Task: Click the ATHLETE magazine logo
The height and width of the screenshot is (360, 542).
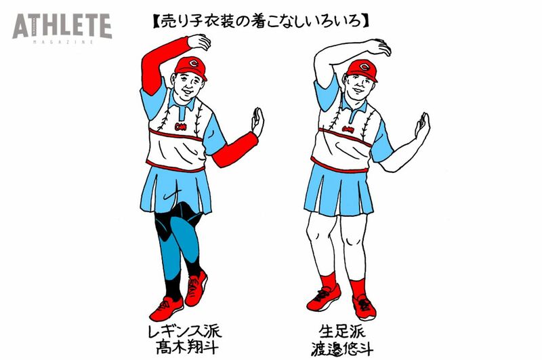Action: [x=62, y=28]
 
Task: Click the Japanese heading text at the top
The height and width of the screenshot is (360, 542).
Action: [x=261, y=21]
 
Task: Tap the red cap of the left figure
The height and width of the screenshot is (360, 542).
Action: [x=191, y=68]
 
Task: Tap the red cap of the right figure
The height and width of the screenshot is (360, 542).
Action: [x=362, y=71]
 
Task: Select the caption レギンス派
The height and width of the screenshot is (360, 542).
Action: [x=184, y=332]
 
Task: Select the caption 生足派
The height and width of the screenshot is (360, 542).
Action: [x=342, y=332]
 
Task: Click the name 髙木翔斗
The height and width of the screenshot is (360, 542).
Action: [x=187, y=347]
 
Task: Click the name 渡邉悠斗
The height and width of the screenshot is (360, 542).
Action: [x=342, y=348]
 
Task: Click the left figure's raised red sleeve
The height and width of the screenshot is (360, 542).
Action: [x=160, y=64]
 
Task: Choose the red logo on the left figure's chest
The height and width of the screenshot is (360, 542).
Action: [x=180, y=127]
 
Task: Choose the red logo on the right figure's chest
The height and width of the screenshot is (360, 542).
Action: [x=348, y=129]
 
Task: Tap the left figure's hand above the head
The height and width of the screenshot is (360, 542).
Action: [x=199, y=41]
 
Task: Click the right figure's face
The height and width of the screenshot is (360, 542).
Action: [x=358, y=87]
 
